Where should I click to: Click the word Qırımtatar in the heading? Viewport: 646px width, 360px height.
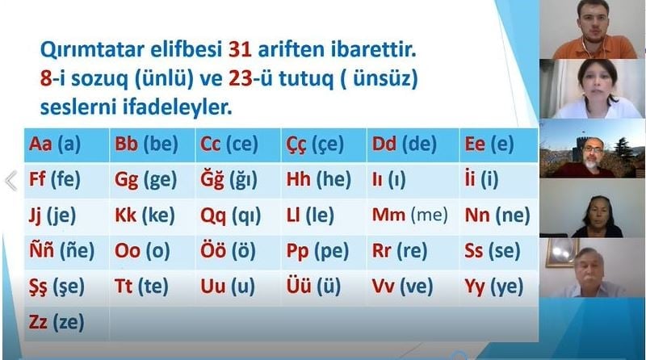tap(92, 50)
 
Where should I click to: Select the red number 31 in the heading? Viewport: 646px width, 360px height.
tap(240, 49)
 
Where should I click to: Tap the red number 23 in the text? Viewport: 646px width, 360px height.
tap(240, 78)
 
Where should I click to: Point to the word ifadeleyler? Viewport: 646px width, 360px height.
tap(177, 107)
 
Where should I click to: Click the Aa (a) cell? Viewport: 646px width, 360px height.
tap(67, 145)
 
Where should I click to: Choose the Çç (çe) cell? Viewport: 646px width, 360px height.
tap(324, 145)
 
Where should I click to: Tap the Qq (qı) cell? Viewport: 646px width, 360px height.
tap(237, 216)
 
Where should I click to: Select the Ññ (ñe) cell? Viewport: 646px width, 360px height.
tap(67, 251)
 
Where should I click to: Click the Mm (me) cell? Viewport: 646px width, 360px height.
tap(413, 216)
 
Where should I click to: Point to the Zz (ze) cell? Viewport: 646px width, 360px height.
tap(67, 323)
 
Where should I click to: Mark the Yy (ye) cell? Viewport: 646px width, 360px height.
tap(498, 287)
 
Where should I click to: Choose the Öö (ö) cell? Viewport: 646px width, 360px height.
tap(237, 251)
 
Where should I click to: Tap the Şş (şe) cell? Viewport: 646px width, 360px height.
tap(67, 287)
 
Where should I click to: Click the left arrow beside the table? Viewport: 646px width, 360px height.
tap(11, 181)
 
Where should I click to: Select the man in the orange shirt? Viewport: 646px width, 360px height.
tap(594, 30)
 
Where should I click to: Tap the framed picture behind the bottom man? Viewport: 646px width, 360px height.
tap(560, 252)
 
